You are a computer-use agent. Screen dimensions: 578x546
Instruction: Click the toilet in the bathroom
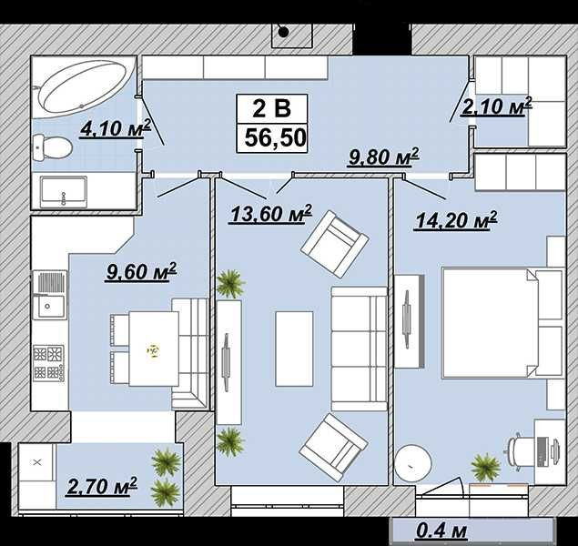click(52, 147)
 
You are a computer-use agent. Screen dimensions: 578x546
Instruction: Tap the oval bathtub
click(84, 87)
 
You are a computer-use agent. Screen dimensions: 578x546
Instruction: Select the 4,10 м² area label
click(116, 128)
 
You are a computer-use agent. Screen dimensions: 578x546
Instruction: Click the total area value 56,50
click(276, 137)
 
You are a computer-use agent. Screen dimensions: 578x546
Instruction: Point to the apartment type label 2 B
click(271, 108)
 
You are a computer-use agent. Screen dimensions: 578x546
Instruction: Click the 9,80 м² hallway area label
click(383, 157)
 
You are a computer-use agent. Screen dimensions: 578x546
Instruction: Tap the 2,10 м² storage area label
click(497, 106)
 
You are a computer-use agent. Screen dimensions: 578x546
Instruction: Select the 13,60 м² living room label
click(271, 213)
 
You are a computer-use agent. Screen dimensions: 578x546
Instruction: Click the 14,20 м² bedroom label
click(456, 220)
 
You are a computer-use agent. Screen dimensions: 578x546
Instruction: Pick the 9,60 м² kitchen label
click(141, 272)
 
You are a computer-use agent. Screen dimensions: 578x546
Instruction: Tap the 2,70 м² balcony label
click(102, 486)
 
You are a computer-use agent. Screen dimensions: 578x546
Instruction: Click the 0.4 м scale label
click(441, 531)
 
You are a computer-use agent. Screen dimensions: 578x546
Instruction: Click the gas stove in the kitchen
click(48, 363)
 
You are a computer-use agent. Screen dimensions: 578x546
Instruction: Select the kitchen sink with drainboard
click(49, 295)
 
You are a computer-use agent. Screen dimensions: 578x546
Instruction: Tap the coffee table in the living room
click(294, 349)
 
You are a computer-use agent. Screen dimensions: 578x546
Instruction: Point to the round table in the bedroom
click(413, 463)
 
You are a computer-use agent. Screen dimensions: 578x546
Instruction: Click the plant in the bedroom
click(486, 467)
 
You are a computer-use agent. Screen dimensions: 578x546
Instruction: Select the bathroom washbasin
click(64, 192)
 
